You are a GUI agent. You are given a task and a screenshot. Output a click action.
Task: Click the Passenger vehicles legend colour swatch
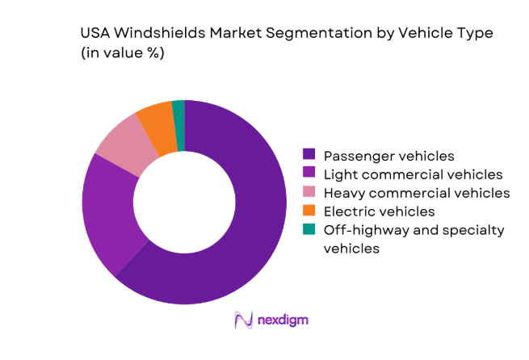[x=309, y=154]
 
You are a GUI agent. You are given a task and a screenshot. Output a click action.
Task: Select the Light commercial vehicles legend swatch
[x=309, y=174]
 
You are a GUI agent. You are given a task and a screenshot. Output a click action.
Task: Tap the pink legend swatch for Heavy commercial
[x=309, y=193]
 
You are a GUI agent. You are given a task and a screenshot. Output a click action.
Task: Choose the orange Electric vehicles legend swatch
[x=309, y=211]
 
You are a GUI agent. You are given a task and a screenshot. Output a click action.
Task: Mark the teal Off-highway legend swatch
[x=309, y=231]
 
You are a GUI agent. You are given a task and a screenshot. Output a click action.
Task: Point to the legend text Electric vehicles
[x=380, y=211]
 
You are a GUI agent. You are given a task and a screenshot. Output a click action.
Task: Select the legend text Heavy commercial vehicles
[x=417, y=193]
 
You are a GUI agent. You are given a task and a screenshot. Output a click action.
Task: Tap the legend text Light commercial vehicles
[x=413, y=174]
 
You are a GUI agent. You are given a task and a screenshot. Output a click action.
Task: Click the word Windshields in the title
[x=154, y=35]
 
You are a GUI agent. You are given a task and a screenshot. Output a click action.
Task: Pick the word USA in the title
[x=95, y=35]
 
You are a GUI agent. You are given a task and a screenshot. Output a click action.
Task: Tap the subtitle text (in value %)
[x=123, y=54]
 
